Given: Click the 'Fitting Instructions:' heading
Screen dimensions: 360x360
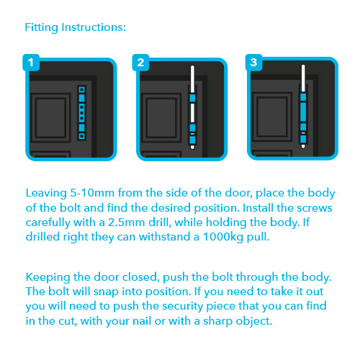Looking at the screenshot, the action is (x=76, y=27).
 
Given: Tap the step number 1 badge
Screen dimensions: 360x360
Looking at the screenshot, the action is (x=31, y=63).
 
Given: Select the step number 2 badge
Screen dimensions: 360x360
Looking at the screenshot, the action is (x=140, y=63).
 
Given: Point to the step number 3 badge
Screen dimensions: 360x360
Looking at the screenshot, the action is (x=253, y=63).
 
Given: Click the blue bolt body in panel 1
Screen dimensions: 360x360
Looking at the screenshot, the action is (x=82, y=113).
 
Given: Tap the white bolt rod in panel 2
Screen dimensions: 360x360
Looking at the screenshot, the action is (x=192, y=107).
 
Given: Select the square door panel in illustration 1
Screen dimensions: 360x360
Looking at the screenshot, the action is (x=50, y=117).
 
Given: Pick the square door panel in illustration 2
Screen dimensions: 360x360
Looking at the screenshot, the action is (x=161, y=117).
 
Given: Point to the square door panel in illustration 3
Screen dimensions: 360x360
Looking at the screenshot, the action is (x=272, y=117).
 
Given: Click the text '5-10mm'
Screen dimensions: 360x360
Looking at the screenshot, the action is (x=92, y=193).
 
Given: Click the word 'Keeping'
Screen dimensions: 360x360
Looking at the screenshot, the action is (x=48, y=278).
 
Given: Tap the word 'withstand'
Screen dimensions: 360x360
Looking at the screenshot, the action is (x=166, y=237).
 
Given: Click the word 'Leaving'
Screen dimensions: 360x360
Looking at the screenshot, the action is (x=46, y=194).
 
